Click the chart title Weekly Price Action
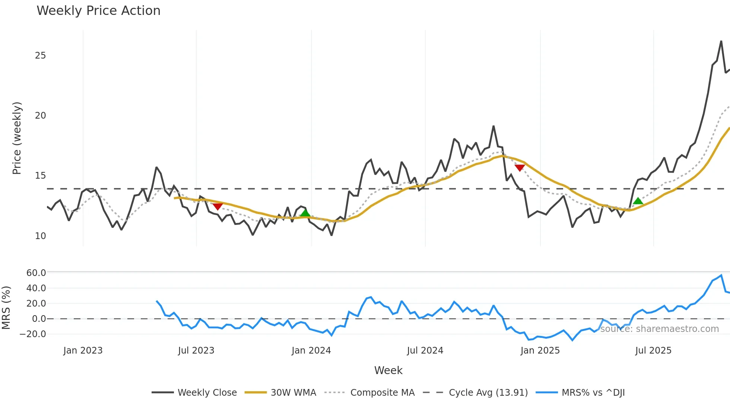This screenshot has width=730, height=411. pos(98,11)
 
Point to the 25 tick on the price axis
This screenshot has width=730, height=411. pos(40,56)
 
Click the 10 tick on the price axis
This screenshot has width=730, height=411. pos(40,236)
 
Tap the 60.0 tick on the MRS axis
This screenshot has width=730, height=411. pos(36,273)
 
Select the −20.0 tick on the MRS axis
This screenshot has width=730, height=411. pos(33,334)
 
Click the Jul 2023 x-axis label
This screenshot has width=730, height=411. pos(196,351)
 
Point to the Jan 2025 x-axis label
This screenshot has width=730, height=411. pos(540,351)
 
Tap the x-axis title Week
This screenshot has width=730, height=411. pos(388,370)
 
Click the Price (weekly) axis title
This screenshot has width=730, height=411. pos(17,138)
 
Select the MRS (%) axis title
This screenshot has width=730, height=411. pos(6,308)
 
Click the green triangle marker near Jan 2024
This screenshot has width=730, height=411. pos(305,213)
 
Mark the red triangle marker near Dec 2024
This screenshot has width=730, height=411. pos(520,168)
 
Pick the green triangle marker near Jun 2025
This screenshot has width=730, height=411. pos(638,201)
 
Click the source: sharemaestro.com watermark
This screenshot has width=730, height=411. pos(659,329)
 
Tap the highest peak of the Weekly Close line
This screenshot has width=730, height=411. pos(721,41)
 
